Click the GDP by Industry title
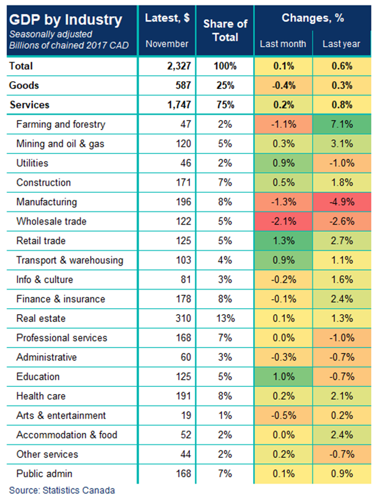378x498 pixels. pos(66,20)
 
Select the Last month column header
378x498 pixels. pos(283,44)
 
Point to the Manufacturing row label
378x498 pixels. pos(47,202)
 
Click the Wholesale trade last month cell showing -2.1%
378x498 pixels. pos(284,222)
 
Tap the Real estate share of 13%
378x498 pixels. pos(225,318)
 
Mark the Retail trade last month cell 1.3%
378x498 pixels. pos(284,241)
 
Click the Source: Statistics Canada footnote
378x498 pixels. pos(62,490)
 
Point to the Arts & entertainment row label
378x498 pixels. pos(61,415)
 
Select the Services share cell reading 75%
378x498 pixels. pos(225,104)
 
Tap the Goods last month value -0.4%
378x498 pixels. pos(284,85)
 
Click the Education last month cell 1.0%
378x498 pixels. pos(284,376)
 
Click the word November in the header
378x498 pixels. pos(167,44)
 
